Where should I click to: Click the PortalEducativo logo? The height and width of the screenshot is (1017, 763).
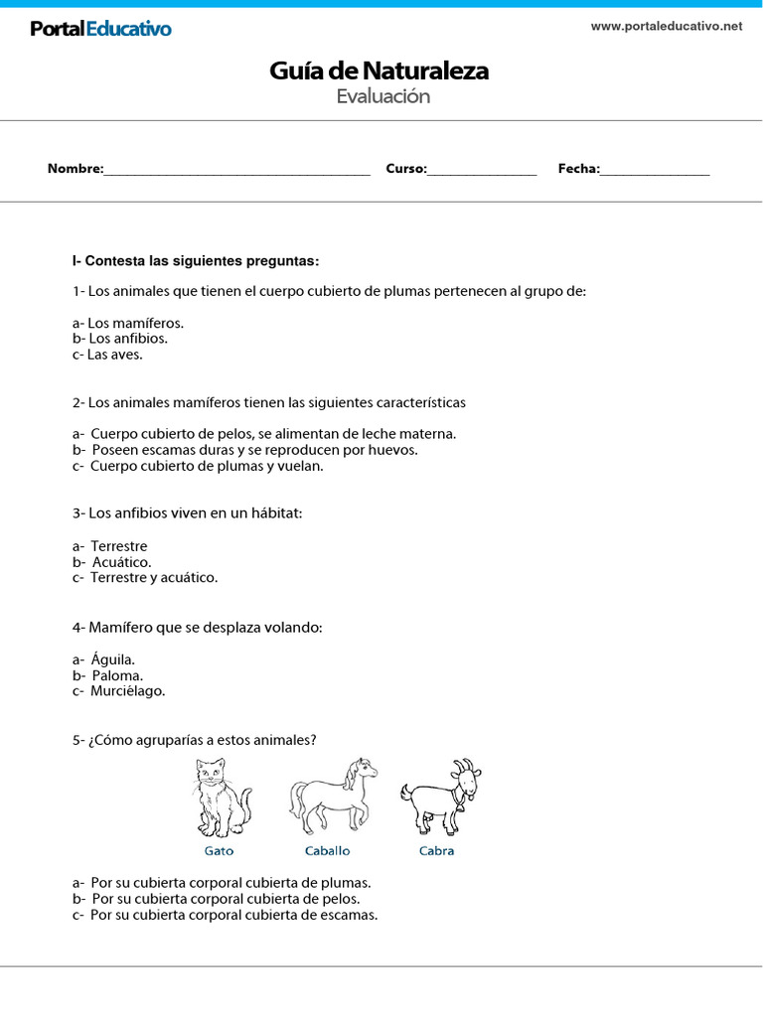coord(100,29)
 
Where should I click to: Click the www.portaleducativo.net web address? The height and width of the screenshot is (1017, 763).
coord(666,27)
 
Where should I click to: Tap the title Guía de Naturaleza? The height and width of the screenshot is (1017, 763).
coord(379,72)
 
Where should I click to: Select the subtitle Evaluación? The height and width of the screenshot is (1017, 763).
coord(382,96)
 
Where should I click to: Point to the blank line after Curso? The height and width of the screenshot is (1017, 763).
coord(482,170)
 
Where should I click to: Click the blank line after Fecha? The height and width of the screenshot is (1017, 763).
coord(655,170)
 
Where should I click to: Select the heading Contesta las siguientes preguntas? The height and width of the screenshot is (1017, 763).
coord(196,261)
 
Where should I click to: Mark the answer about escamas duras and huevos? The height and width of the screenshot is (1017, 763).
coord(244,450)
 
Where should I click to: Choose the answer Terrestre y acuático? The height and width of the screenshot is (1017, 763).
coord(145,577)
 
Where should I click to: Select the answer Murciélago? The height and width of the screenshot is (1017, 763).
coord(118,691)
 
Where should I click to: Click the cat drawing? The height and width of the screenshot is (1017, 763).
coord(220,799)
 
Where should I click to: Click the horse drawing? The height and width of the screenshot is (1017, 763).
coord(333,797)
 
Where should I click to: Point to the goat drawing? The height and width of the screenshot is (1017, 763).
coord(440,797)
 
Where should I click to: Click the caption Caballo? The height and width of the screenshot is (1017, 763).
coord(327,851)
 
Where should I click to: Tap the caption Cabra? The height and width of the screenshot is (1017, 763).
coord(436,851)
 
